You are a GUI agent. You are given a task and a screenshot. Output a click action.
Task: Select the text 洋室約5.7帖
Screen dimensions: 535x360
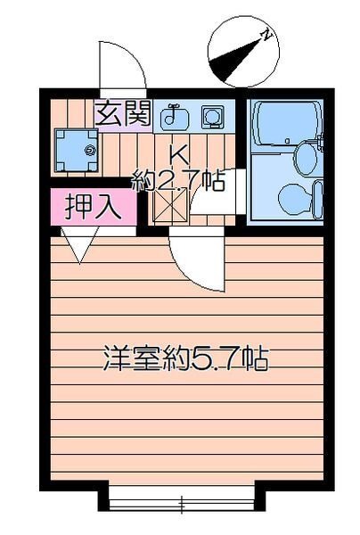[x=184, y=359]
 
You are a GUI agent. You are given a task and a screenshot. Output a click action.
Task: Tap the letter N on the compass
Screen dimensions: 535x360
[x=265, y=36]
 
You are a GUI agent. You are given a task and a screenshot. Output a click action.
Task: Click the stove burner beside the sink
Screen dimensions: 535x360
[x=212, y=115]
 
